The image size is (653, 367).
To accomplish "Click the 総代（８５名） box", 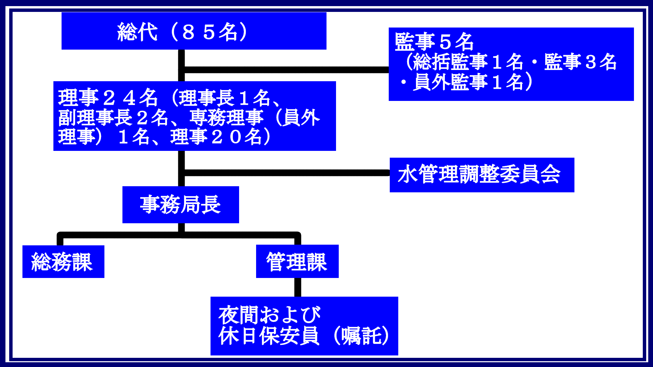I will click(x=194, y=31).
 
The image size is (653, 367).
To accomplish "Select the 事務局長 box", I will click(x=181, y=205).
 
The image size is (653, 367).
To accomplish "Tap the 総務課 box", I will click(x=63, y=262).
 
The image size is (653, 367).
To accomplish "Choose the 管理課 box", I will click(x=297, y=261).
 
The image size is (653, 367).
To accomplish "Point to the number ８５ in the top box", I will click(x=199, y=32).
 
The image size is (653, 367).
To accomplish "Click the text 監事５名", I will click(x=434, y=42).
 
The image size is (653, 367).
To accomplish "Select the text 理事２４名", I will click(x=108, y=98).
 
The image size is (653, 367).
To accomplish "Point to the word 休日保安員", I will click(x=269, y=336).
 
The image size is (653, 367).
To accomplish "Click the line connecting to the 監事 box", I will click(x=286, y=70).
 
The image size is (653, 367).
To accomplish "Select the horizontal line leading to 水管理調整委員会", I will click(x=286, y=173).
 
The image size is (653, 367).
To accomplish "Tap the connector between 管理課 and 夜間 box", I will click(x=298, y=287).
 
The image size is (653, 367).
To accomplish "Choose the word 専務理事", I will click(x=227, y=118).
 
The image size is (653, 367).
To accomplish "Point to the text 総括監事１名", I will click(x=468, y=62).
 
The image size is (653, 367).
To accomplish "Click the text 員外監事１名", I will click(x=468, y=82).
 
